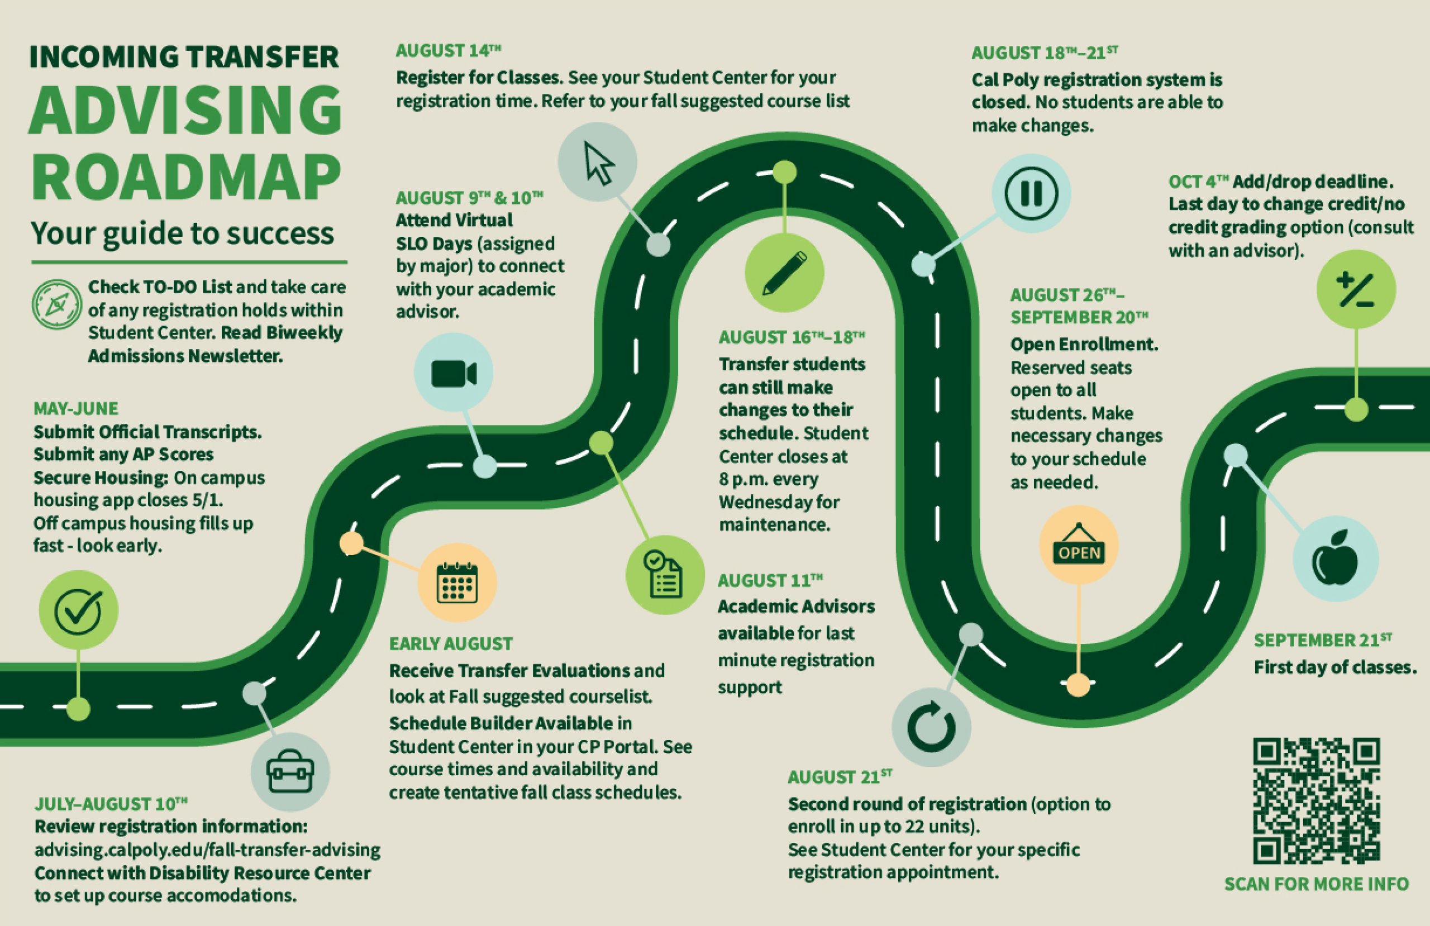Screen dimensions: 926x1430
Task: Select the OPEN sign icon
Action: point(1079,545)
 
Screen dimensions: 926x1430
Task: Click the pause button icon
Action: point(1031,193)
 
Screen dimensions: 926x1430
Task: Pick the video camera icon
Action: point(454,373)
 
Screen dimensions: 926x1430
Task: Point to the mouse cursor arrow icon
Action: point(598,162)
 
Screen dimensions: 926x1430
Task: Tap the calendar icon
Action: point(457,583)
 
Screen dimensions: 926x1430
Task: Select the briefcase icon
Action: point(290,772)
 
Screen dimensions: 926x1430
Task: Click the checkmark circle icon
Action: point(78,610)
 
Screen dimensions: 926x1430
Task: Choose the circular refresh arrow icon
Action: point(931,727)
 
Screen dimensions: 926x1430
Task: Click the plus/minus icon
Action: point(1356,290)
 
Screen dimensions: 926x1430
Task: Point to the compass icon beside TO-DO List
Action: point(56,304)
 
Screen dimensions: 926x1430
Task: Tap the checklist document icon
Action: point(665,575)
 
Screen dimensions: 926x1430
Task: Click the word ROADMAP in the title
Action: point(186,177)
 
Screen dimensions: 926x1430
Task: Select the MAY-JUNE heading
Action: point(76,409)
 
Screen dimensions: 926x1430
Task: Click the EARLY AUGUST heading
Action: point(451,644)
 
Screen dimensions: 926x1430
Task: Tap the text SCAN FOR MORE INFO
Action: point(1317,884)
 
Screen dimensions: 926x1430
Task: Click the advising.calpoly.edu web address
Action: point(207,849)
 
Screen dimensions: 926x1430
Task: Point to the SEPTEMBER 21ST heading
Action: point(1322,641)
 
